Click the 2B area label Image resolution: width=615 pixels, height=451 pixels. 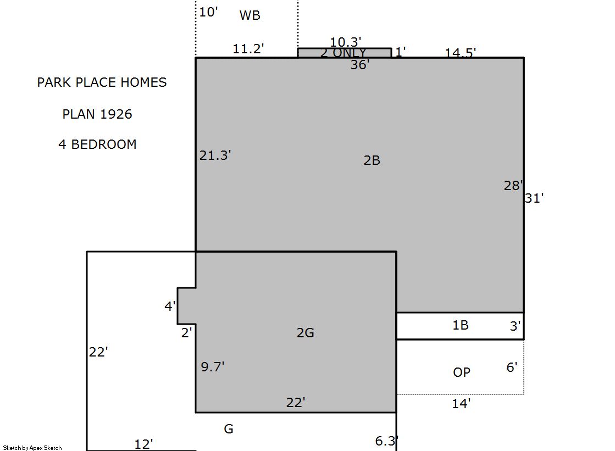372,160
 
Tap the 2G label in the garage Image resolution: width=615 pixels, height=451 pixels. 305,333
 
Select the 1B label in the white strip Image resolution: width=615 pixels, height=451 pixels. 461,325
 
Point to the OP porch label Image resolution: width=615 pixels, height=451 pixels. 461,372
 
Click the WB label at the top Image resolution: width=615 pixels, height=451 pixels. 250,15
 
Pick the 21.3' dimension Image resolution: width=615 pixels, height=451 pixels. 215,155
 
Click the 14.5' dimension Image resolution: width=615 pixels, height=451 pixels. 460,52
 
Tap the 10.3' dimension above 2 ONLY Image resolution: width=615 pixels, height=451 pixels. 345,42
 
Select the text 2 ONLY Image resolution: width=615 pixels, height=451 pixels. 343,53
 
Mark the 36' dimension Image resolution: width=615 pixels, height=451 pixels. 359,65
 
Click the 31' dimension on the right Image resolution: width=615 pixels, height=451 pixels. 534,198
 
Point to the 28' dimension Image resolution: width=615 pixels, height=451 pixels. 513,186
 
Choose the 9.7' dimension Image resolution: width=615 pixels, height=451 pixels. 213,367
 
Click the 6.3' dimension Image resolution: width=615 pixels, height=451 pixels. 387,441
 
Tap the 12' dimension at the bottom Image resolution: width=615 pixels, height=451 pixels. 143,444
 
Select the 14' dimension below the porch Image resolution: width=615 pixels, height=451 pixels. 461,404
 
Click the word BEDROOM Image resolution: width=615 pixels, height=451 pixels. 103,144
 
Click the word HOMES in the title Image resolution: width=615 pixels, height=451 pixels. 143,82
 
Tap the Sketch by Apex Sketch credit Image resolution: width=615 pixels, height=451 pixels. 32,448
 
